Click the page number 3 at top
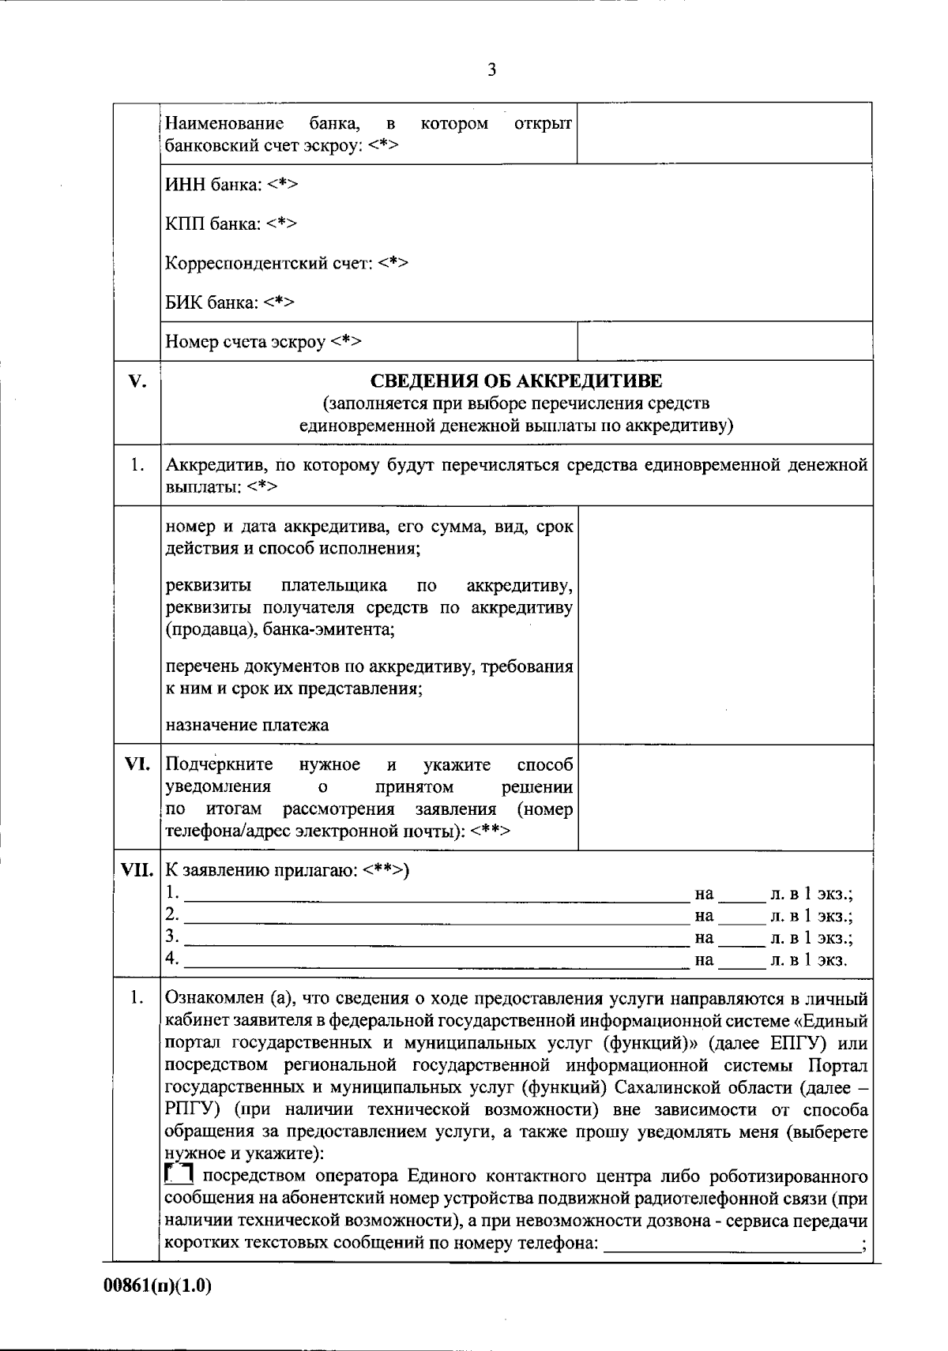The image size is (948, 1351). point(491,70)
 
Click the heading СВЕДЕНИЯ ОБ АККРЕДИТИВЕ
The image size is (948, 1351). point(517,381)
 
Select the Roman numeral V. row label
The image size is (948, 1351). point(137,382)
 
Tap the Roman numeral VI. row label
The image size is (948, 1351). point(137,764)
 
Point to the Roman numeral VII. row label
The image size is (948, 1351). point(137,871)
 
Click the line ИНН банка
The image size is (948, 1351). point(231,185)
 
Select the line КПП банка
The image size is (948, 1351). point(231,223)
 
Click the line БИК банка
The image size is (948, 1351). point(230,302)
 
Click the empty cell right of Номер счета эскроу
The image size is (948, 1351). point(724,341)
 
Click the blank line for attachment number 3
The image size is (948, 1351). point(436,939)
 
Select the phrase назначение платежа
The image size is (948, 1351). point(247,724)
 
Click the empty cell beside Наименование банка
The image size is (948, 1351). point(724,133)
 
